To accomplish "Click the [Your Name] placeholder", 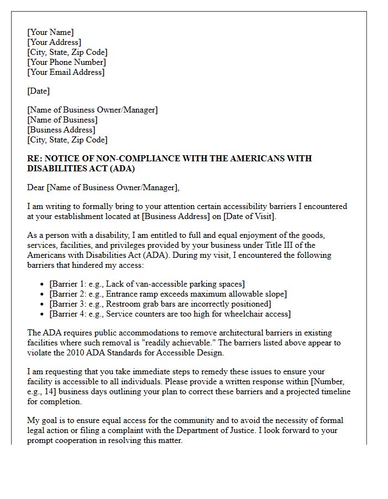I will click(x=50, y=32).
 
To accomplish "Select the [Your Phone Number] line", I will click(x=67, y=62).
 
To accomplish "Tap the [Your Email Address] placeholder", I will click(x=66, y=72).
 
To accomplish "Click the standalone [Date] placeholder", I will click(x=38, y=91).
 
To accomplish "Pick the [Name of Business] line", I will click(x=63, y=120).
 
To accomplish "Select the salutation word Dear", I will click(x=36, y=187).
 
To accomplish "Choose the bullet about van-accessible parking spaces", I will click(x=147, y=284).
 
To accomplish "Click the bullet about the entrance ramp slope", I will click(x=168, y=294).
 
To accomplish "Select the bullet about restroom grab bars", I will click(x=160, y=304).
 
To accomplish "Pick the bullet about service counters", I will click(x=170, y=314).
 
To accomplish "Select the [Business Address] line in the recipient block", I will click(x=62, y=130).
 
